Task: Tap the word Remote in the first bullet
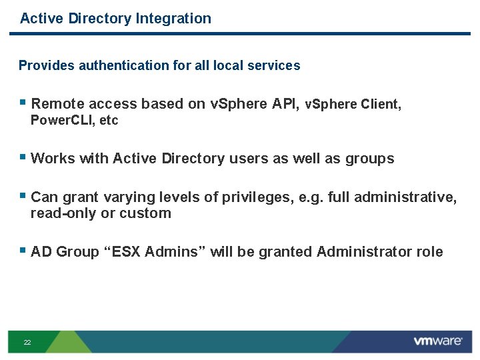pos(57,104)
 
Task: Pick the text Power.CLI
pos(63,121)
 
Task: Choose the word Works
pos(53,159)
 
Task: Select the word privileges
pos(253,197)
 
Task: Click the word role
pos(429,252)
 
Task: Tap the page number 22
pos(27,342)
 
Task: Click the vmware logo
pos(437,341)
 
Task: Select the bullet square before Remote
pos(23,103)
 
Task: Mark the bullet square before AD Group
pos(23,251)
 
